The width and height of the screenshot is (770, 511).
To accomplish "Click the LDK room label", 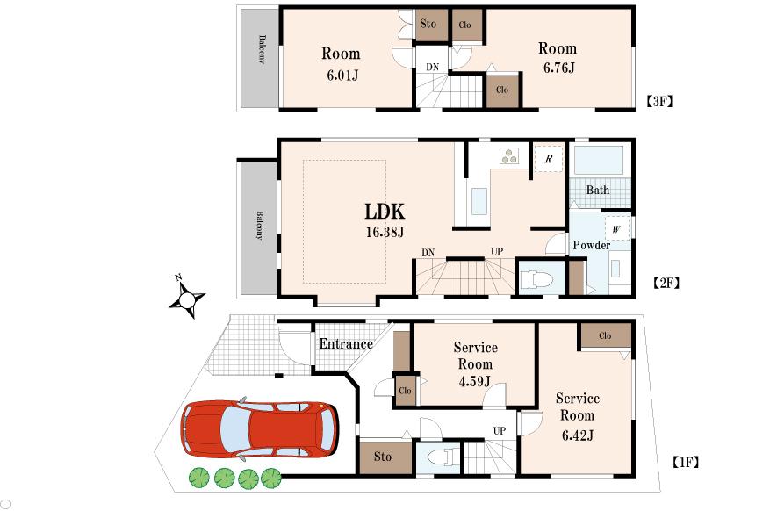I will pos(385,212).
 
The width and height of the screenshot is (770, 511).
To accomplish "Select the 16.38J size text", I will pos(385,233).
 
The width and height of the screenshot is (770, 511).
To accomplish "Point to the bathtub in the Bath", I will pos(598,162).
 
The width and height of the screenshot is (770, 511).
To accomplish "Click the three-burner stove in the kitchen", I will pos(509,156).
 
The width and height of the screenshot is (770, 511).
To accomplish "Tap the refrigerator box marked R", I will pos(548,159).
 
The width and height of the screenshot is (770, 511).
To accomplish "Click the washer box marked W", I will pos(616,229).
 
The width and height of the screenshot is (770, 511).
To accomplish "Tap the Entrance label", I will pos(345,343).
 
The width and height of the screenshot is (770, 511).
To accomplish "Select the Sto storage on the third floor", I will pos(428,24).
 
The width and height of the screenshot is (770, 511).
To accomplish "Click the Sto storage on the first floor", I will pos(382,457).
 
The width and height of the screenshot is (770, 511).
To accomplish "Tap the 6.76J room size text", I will pos(557,68).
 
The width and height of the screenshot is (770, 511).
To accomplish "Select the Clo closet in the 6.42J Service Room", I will pos(605,335).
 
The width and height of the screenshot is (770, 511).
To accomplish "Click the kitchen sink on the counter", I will pos(479,202).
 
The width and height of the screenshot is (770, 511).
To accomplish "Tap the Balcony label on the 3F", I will pos(261,48).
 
